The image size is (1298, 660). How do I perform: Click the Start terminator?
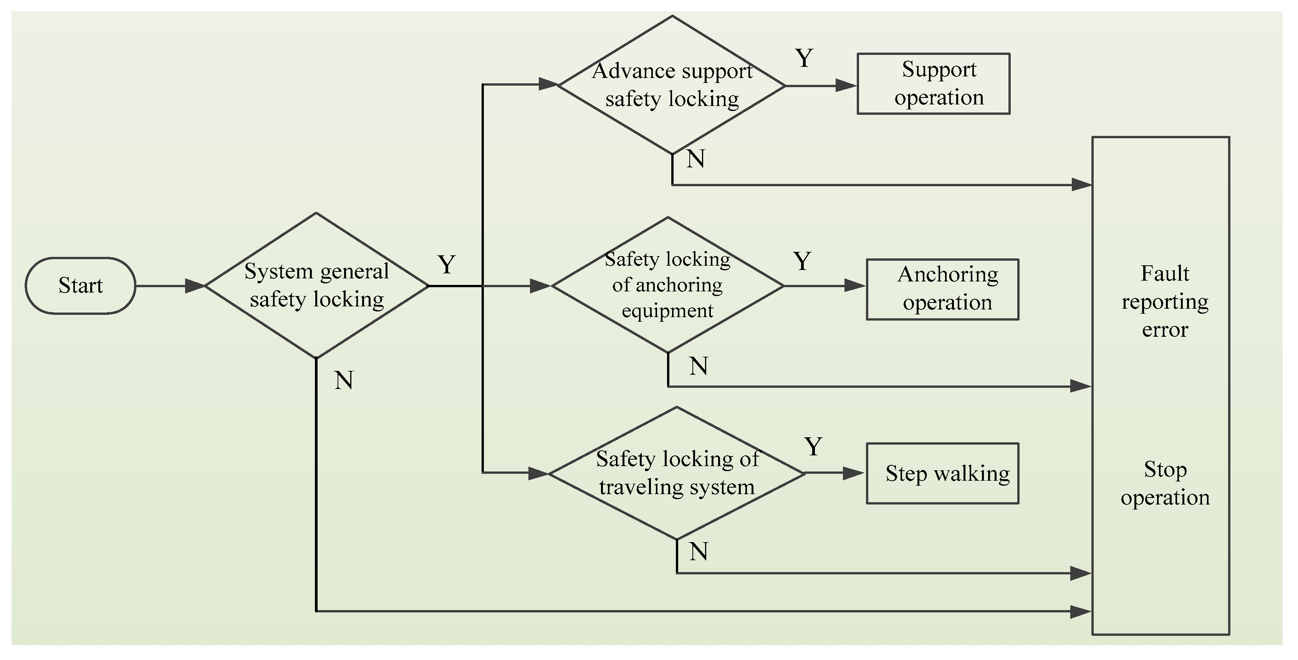(81, 286)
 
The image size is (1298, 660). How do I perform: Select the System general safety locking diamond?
(316, 286)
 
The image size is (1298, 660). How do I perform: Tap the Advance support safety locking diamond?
(672, 84)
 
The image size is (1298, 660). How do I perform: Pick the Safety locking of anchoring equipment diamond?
(668, 285)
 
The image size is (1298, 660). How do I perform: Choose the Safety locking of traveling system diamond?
(677, 473)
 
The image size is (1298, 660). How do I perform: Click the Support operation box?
(933, 84)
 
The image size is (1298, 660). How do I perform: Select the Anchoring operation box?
(942, 289)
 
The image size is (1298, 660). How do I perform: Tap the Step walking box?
(942, 473)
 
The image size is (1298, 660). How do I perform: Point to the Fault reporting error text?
(1165, 301)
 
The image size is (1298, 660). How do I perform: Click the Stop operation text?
(1165, 483)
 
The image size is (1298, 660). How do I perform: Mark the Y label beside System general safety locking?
(447, 265)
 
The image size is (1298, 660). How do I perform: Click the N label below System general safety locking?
(344, 380)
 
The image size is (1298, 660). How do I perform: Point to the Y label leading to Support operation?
(804, 58)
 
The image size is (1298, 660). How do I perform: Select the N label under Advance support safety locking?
(696, 159)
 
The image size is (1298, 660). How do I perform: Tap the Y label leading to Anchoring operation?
(802, 261)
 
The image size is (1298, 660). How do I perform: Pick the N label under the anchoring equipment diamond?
(699, 366)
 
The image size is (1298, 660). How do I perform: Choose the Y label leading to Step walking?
(813, 447)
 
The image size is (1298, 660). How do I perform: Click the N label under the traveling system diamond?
(699, 552)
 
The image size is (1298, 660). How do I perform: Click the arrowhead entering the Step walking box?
(854, 473)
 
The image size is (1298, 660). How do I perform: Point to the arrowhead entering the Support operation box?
(846, 85)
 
